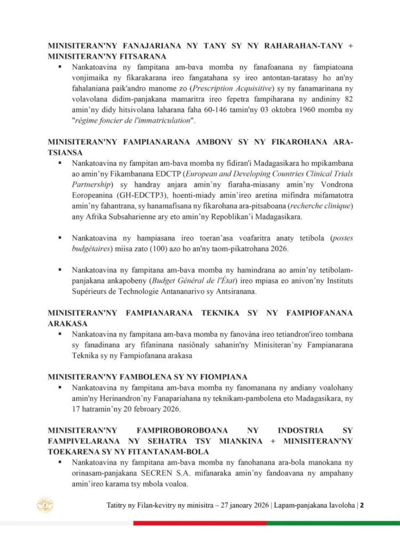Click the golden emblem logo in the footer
(x=44, y=505)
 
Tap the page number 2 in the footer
(x=362, y=505)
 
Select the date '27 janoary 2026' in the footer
(x=244, y=505)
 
